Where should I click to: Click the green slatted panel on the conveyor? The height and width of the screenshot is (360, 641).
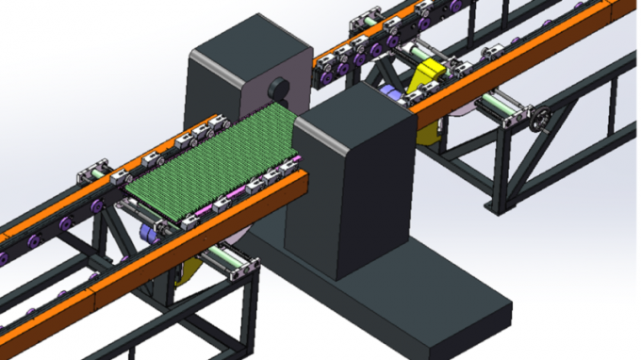(212, 156)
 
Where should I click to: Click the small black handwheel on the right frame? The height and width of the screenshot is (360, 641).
(541, 120)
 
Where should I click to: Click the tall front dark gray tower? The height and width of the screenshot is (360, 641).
(353, 179)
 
